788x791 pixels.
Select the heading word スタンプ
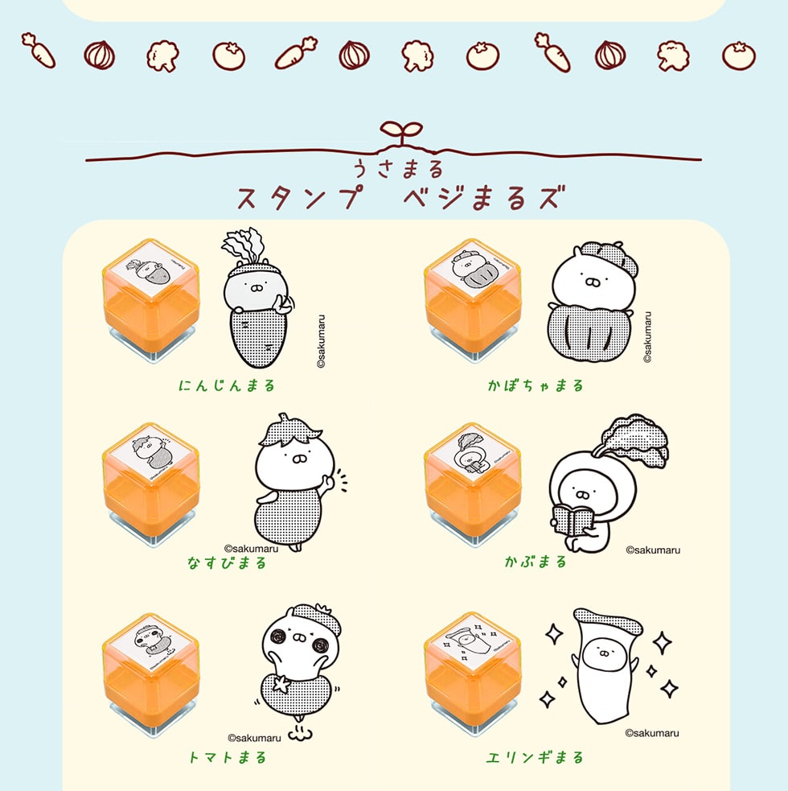(x=298, y=197)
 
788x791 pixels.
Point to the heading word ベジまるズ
(x=482, y=197)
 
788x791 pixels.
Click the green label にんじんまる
(x=227, y=385)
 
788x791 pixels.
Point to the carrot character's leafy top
(x=245, y=245)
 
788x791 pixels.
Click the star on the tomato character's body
(x=284, y=684)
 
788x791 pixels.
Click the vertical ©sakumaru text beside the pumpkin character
(x=648, y=337)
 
